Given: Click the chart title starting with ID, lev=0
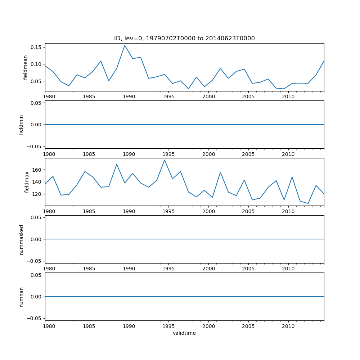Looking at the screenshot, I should coord(184,39).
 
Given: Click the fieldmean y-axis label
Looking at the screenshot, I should coord(25,67).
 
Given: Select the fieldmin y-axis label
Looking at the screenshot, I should coord(21,125).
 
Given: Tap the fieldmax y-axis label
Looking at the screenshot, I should coord(27,182).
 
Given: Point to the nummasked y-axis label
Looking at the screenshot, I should coord(21,239).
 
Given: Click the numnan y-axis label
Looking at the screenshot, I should coord(21,297).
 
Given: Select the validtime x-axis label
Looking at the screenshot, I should coord(184,333).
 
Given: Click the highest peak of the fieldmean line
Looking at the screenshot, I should coord(125,45).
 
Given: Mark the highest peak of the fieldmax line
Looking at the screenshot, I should coord(165,160).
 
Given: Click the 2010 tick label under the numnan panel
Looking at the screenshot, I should coord(288,327).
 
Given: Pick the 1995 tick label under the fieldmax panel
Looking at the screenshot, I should coord(168,212).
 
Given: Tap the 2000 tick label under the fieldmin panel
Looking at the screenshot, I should coord(208,154).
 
